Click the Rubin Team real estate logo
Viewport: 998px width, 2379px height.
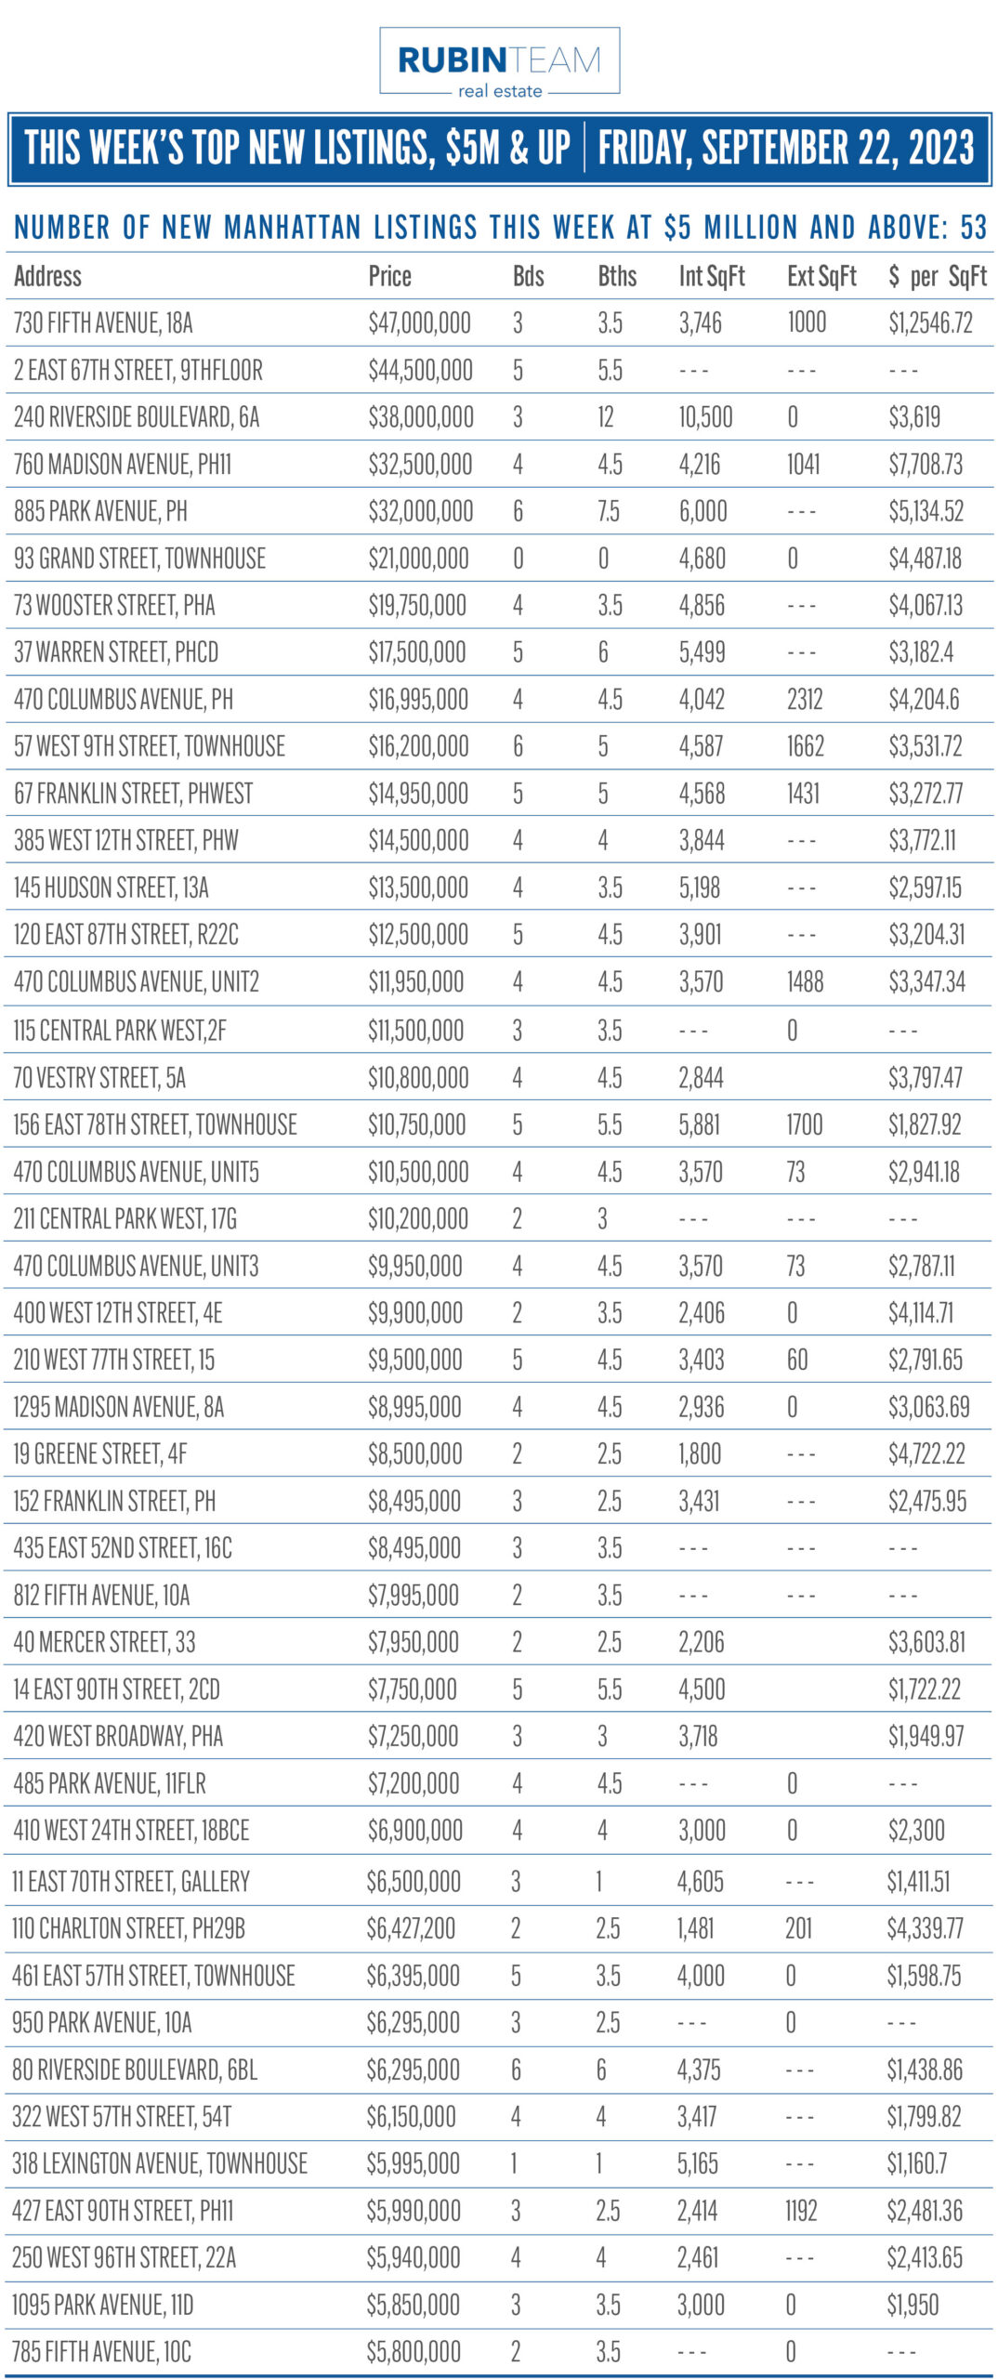coord(499,61)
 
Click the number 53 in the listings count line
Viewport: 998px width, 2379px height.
coord(973,228)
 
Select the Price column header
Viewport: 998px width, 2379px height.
coord(389,276)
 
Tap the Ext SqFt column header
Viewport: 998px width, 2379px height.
coord(821,276)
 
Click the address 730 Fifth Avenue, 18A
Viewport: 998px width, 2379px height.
coord(103,323)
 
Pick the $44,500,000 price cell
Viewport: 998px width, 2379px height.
coord(420,371)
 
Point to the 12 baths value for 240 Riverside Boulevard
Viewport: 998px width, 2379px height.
coord(606,417)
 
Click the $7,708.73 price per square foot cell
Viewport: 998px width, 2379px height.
coord(926,465)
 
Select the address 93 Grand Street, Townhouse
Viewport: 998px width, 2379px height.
coord(139,559)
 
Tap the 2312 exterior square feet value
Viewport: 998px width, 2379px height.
coord(805,700)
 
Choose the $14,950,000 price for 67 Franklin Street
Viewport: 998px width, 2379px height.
coord(418,794)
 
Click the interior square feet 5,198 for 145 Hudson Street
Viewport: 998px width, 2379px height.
coord(700,888)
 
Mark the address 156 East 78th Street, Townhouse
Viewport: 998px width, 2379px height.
coord(155,1124)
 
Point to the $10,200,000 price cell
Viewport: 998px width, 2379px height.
coord(418,1218)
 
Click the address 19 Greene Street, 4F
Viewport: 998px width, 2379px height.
coord(100,1453)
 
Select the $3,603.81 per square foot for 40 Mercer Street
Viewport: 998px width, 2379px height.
coord(926,1642)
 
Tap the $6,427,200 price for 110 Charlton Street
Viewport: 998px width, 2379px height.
coord(411,1928)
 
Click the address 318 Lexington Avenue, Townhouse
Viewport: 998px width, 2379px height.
coord(159,2163)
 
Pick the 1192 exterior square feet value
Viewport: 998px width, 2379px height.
coord(801,2211)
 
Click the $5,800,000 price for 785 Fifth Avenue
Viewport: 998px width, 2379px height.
coord(414,2352)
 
